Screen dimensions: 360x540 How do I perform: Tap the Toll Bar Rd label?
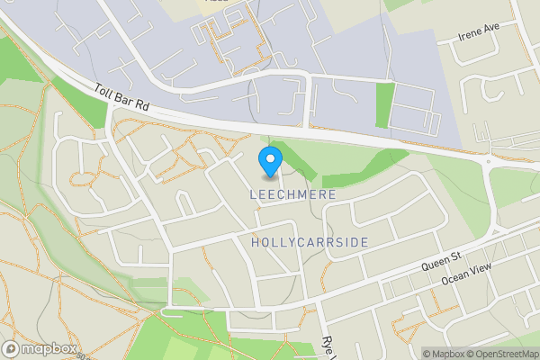121,98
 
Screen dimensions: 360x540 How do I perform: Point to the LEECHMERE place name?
293,194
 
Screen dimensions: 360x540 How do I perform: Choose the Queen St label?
440,262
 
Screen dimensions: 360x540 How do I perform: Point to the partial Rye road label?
328,346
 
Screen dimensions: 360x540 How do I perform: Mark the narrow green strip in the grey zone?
385,105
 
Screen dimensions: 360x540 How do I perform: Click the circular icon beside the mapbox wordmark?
12,348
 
